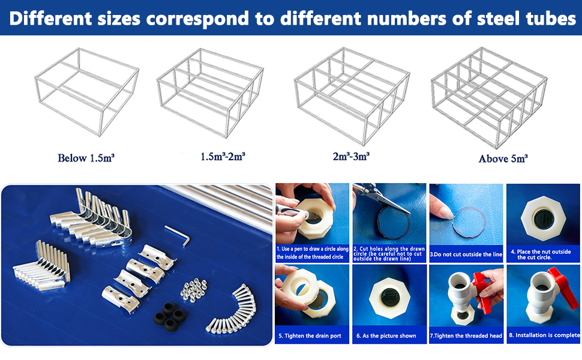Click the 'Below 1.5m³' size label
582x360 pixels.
click(x=86, y=158)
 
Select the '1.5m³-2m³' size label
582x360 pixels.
click(x=223, y=156)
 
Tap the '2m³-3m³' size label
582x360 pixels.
click(x=351, y=156)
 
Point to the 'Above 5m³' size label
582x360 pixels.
click(x=503, y=158)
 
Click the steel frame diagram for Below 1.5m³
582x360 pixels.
click(x=87, y=92)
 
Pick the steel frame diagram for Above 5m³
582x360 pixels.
click(x=489, y=97)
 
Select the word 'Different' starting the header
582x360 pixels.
click(x=51, y=18)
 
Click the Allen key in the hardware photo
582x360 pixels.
click(x=178, y=235)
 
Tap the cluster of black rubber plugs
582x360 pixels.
click(x=170, y=316)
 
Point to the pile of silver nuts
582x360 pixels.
click(x=193, y=290)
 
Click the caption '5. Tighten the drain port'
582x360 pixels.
click(x=310, y=336)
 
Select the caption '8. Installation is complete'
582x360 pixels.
click(x=544, y=335)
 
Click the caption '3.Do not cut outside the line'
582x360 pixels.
click(x=466, y=254)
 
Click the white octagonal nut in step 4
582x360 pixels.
click(x=543, y=219)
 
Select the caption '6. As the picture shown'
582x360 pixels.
click(x=386, y=336)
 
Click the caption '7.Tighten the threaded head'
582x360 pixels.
click(x=466, y=336)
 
